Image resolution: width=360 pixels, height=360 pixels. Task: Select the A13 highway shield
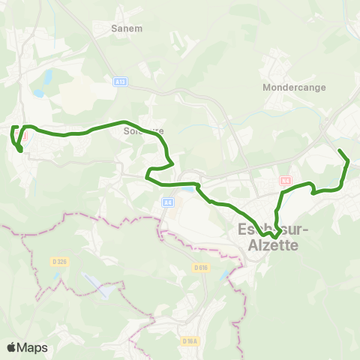(120, 81)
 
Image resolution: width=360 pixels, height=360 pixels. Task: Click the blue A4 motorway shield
(167, 202)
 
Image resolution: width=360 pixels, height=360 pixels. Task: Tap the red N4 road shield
(284, 181)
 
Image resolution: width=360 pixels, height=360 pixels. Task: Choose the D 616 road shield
(199, 267)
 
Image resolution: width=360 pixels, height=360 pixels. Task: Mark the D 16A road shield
(190, 341)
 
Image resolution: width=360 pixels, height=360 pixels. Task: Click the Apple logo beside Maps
(12, 347)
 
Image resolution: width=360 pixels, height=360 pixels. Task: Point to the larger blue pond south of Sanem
(46, 76)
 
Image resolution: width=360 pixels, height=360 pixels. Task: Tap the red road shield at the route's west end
(23, 136)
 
